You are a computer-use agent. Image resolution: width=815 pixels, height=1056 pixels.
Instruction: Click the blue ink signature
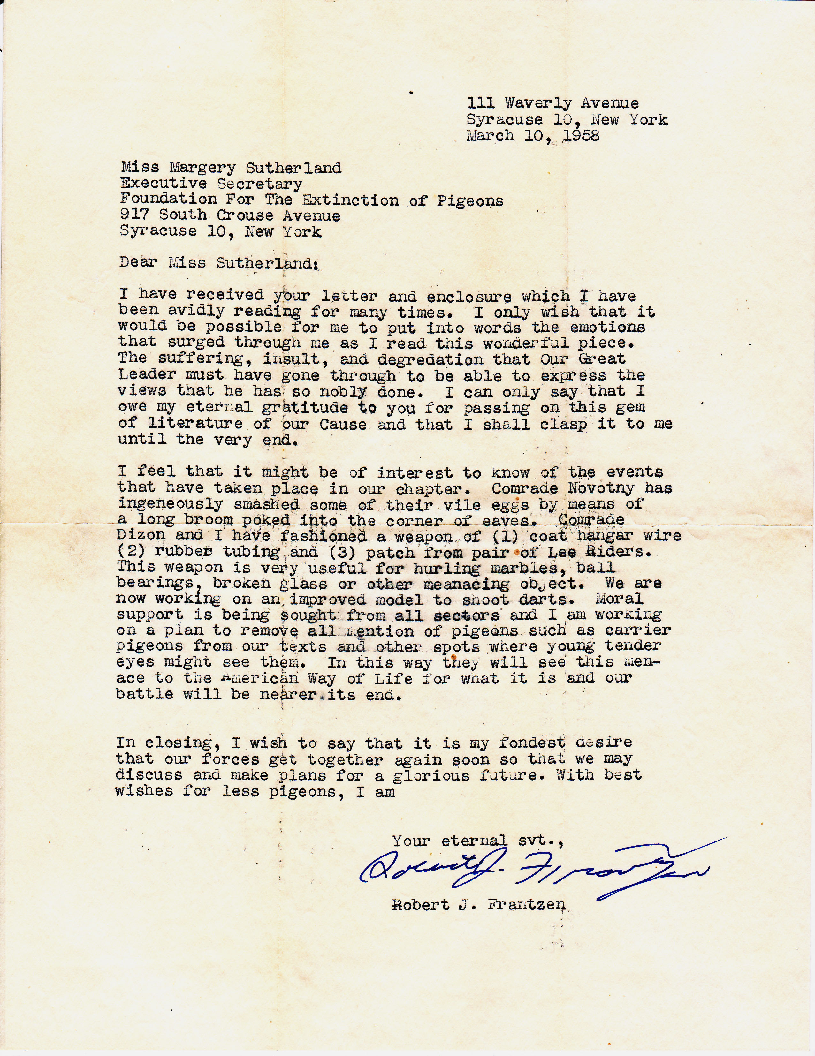click(x=532, y=870)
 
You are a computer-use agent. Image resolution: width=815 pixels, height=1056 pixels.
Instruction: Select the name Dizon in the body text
click(x=140, y=535)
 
